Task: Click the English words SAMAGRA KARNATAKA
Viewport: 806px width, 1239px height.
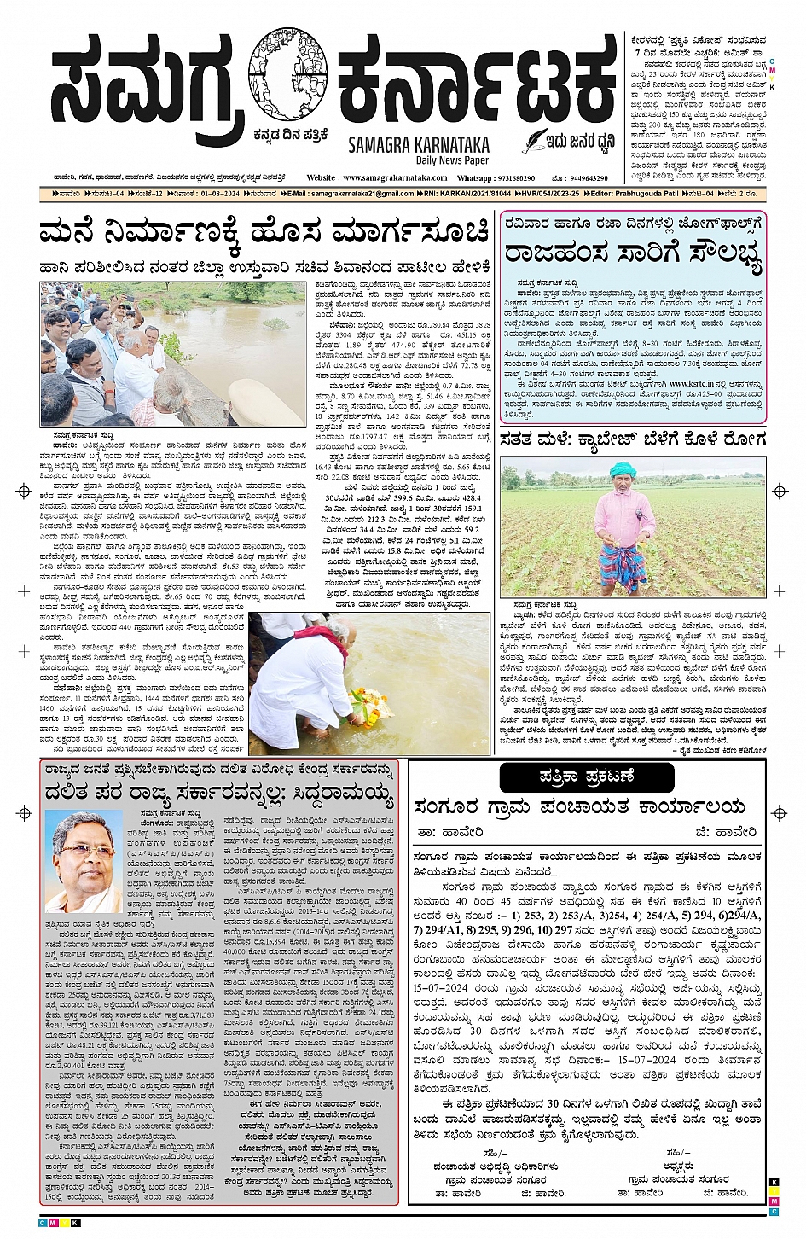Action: [417, 145]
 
